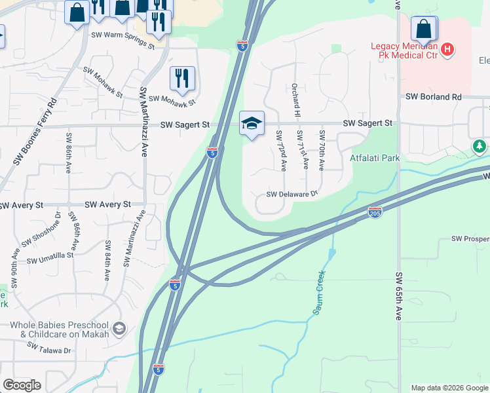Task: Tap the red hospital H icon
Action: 447,49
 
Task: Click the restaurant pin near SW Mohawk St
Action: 182,79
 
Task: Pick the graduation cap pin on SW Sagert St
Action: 252,123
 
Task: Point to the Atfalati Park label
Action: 374,158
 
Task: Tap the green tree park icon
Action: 480,146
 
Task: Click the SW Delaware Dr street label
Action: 292,194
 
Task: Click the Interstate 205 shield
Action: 375,213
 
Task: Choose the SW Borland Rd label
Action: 434,96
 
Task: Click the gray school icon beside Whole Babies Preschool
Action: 119,328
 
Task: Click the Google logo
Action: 22,385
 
